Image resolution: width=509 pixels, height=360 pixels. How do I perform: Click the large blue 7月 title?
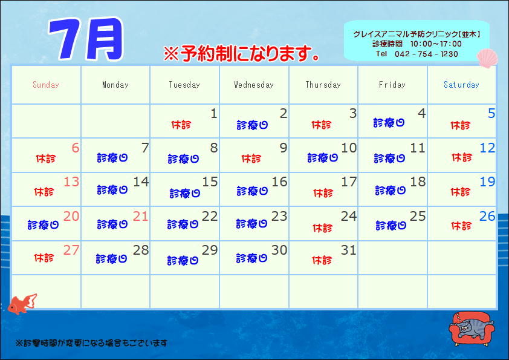point(86,39)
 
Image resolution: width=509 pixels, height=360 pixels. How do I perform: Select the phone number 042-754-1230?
point(426,54)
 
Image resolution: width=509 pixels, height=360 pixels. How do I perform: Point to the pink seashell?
point(487,58)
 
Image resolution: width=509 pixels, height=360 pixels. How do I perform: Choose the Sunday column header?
point(46,85)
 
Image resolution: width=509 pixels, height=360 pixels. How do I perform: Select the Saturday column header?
point(461,85)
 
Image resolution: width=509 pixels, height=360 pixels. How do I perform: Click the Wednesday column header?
point(254,85)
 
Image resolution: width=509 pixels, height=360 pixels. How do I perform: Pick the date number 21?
point(141,216)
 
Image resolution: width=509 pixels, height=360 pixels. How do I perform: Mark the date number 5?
point(491,113)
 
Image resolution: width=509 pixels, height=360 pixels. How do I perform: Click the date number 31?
point(349,250)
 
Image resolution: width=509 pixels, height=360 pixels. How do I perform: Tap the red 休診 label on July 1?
point(181,125)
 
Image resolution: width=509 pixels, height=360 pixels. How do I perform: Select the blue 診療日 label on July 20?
point(43,225)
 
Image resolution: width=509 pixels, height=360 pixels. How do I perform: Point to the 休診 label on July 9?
point(251,159)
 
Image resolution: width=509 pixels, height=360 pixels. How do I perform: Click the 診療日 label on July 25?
point(391,226)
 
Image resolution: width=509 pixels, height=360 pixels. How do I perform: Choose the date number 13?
point(71,182)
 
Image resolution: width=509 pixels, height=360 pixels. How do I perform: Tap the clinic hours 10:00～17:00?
point(436,44)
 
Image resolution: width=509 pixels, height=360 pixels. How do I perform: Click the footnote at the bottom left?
point(91,343)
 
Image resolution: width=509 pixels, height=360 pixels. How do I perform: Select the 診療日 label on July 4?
point(389,123)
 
